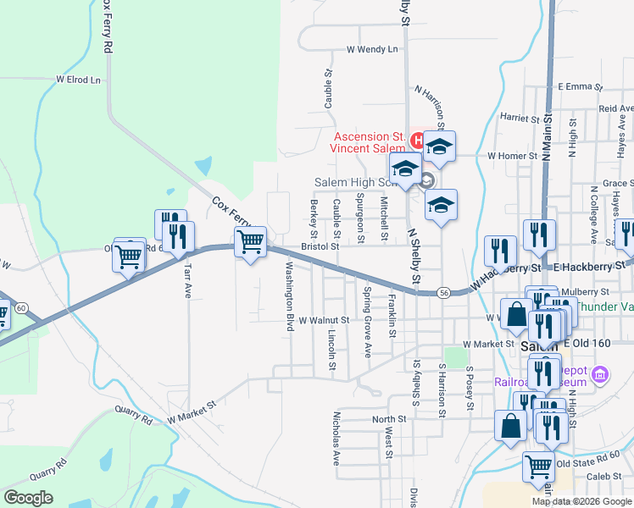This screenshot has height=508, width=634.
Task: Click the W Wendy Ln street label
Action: click(371, 50)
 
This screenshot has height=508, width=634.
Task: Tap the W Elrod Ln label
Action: click(78, 80)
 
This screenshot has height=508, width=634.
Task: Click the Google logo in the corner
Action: click(28, 498)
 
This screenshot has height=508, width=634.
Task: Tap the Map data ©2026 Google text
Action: click(581, 501)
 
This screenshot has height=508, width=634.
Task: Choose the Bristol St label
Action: click(320, 247)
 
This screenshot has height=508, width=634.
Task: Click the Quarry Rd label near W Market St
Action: click(136, 417)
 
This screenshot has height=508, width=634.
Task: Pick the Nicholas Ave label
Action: click(336, 439)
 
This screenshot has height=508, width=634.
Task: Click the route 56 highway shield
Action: click(443, 291)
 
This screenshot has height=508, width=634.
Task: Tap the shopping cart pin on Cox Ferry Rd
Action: click(251, 242)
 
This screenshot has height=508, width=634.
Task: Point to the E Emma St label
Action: click(579, 86)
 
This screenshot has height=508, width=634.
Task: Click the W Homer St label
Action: click(512, 156)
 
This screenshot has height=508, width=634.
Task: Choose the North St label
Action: click(389, 419)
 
